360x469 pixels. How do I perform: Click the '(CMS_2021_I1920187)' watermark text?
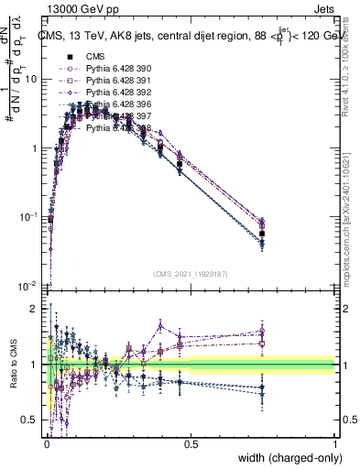[191, 273]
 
